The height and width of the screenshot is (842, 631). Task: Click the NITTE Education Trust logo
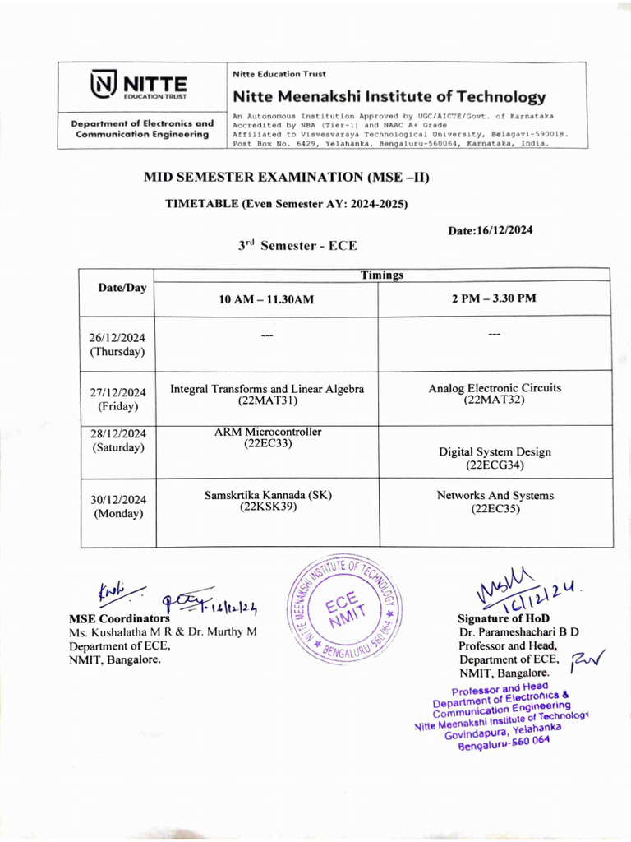coord(140,86)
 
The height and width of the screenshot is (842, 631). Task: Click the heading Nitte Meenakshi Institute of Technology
coord(389,97)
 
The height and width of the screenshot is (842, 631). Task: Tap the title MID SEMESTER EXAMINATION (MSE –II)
coord(287,177)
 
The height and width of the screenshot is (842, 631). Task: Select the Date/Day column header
coord(117,287)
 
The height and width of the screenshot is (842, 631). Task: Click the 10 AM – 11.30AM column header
coord(266,299)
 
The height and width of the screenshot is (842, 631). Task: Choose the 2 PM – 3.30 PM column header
coord(494,298)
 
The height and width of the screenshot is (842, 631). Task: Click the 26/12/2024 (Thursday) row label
coord(117,344)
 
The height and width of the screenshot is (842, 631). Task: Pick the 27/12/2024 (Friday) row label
coord(117,399)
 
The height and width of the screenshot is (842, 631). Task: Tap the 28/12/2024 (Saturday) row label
coord(117,441)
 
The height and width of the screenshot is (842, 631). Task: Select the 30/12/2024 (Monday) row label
coord(117,506)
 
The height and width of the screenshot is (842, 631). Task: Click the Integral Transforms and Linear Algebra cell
coord(266,395)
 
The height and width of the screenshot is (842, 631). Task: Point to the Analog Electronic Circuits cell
coord(495,394)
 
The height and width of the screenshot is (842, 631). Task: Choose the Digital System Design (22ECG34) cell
coord(495,458)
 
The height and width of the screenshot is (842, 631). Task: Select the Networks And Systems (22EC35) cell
coord(495,502)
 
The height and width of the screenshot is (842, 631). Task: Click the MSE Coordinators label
coord(119,618)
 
